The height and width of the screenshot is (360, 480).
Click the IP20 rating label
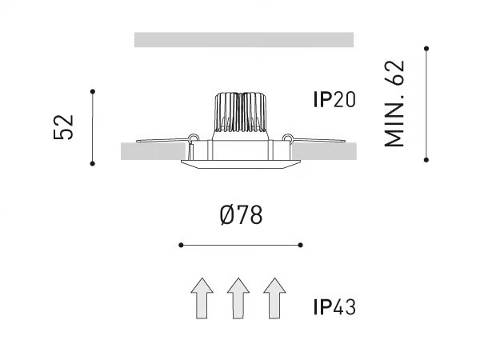coord(334,99)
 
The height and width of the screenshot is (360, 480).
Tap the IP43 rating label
coord(334,307)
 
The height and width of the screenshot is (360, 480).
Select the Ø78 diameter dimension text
coord(241,214)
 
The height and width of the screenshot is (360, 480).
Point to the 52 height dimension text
coord(64,127)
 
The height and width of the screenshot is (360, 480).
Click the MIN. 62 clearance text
coord(394,103)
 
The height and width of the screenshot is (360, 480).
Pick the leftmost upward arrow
coord(202,298)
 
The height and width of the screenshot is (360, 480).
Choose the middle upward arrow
coord(238,298)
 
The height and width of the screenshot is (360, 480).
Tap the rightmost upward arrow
coord(274,298)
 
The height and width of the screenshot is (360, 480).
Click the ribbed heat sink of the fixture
coord(241,112)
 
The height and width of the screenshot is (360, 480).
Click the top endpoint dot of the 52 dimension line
coord(93,91)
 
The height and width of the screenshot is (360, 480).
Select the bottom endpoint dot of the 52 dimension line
coord(93,164)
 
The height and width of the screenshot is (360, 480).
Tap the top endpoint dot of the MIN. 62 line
coord(426,48)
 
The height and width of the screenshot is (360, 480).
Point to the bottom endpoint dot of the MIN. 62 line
coord(426,160)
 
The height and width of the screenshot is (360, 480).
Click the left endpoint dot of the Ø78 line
coord(181,245)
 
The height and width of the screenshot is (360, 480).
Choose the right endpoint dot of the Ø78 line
coord(300,245)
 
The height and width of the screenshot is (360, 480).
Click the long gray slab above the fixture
coord(244,40)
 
